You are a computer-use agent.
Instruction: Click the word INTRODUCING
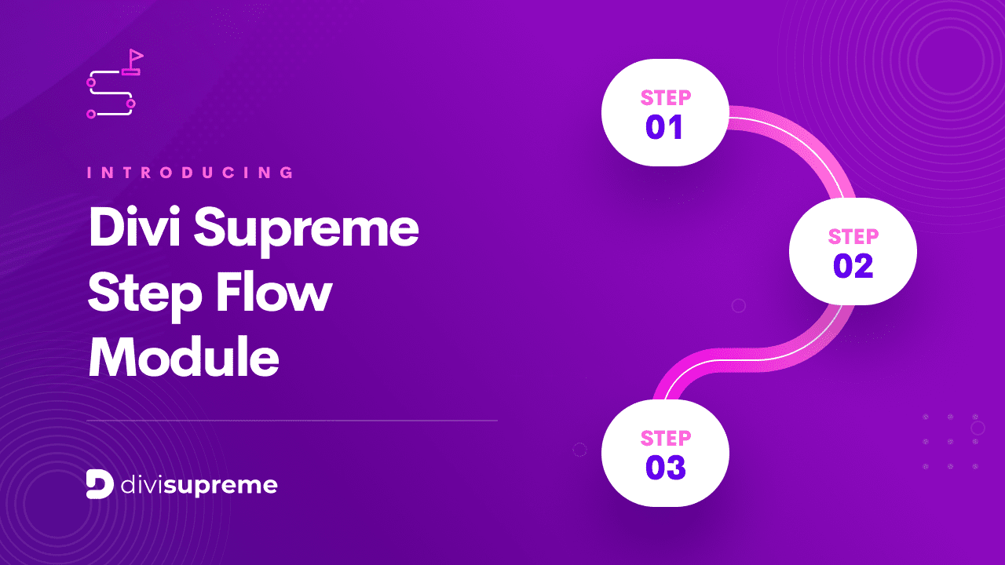click(x=192, y=173)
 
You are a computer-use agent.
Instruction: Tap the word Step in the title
click(x=138, y=294)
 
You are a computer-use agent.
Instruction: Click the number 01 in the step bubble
click(x=664, y=127)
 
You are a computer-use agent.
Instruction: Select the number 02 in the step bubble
click(x=853, y=266)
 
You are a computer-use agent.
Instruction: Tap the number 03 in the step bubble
click(x=665, y=468)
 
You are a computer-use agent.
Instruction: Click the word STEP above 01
click(x=666, y=98)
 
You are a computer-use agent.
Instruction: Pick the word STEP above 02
click(x=853, y=237)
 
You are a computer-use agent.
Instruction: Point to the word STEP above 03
click(x=666, y=438)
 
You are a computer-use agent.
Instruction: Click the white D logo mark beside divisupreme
click(x=100, y=485)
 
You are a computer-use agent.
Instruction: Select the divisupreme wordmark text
click(x=199, y=485)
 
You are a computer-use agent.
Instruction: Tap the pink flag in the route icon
click(x=136, y=56)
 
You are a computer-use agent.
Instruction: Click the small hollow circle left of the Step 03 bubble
click(x=580, y=450)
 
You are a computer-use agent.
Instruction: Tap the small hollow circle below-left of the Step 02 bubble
click(x=738, y=305)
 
